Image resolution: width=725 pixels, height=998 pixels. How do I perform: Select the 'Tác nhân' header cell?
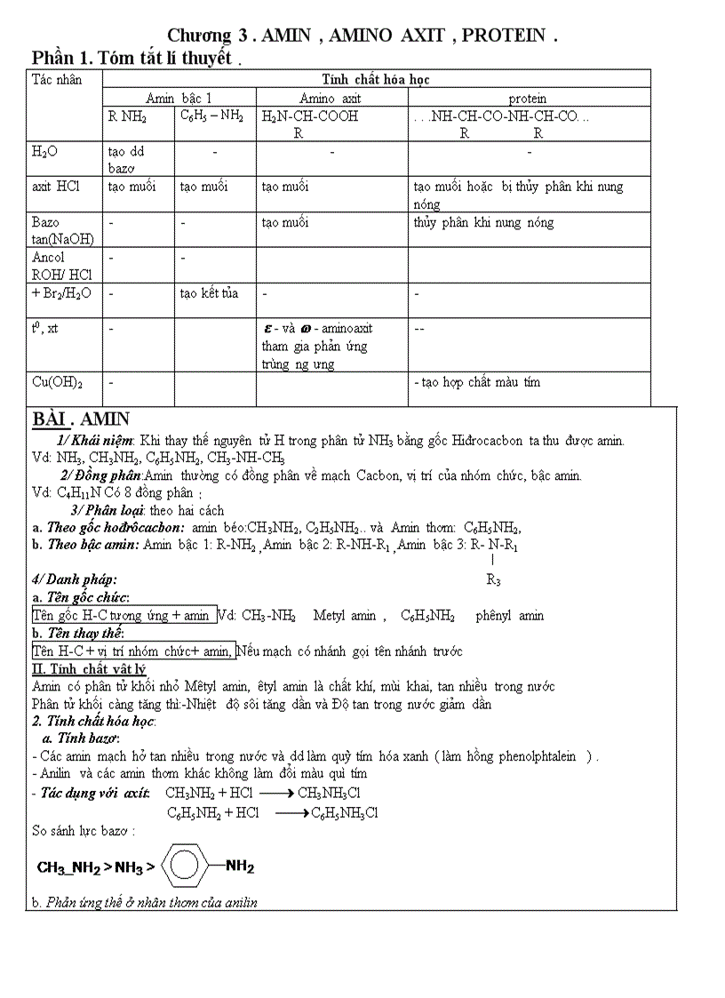tap(57, 80)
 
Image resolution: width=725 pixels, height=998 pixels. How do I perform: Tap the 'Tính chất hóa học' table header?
tap(376, 80)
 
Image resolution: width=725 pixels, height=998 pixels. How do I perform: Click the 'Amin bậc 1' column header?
tap(179, 99)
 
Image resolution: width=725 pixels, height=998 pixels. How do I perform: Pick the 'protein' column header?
tap(528, 99)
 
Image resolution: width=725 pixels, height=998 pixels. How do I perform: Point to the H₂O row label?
tap(45, 152)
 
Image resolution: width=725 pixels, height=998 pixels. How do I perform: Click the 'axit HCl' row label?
tap(55, 187)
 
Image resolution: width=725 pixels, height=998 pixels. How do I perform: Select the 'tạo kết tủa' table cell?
tap(209, 293)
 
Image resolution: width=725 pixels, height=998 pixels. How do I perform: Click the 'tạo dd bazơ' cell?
tap(126, 159)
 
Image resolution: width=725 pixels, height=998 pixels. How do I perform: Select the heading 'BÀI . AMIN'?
tap(81, 419)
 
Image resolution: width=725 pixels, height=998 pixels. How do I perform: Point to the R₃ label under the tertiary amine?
tap(494, 580)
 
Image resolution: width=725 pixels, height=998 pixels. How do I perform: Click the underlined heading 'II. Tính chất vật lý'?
tap(89, 668)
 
